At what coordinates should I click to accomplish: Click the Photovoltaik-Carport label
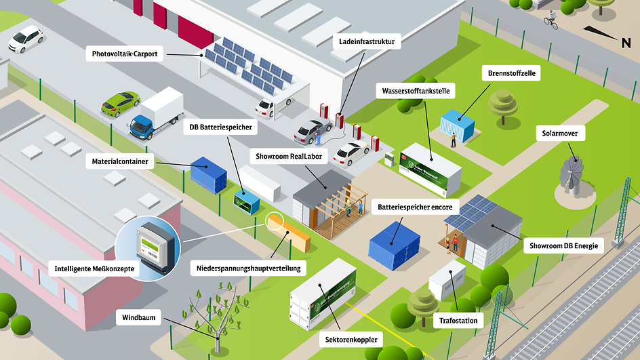coord(125,54)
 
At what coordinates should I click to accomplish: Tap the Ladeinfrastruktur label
coord(367,42)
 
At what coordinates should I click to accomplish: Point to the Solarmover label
coord(560,134)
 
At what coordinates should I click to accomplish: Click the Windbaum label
coord(139,317)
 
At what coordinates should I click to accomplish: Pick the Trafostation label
coord(458,320)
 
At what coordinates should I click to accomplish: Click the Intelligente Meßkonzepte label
coord(94,269)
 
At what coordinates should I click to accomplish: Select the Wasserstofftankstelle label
coord(414,90)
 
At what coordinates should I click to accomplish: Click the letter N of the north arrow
coord(626,43)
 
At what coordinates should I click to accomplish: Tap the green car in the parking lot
coord(121,103)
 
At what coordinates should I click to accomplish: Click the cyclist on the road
coord(551,20)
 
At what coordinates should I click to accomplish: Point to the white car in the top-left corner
coord(25,39)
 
